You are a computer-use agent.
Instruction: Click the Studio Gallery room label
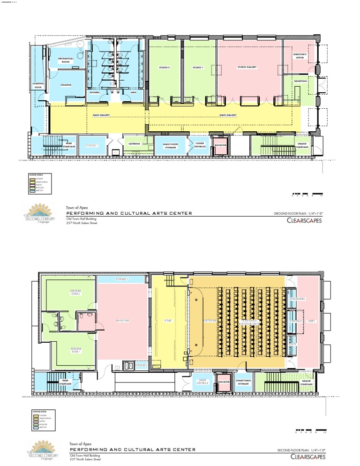tap(247, 68)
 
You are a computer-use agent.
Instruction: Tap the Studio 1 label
tap(198, 68)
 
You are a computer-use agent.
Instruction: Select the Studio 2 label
tap(164, 68)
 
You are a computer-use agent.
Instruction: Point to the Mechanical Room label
tap(67, 60)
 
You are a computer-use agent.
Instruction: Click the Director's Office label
tap(300, 56)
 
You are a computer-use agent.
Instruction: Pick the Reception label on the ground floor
tap(300, 81)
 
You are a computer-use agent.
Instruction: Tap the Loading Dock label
tap(38, 86)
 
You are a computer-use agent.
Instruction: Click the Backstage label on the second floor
tap(123, 321)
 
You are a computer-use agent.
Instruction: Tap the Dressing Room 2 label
tap(76, 293)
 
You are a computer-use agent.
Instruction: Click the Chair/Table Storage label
tap(243, 383)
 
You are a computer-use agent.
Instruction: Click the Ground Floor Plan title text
tap(298, 213)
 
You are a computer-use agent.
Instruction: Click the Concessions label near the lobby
tap(297, 299)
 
